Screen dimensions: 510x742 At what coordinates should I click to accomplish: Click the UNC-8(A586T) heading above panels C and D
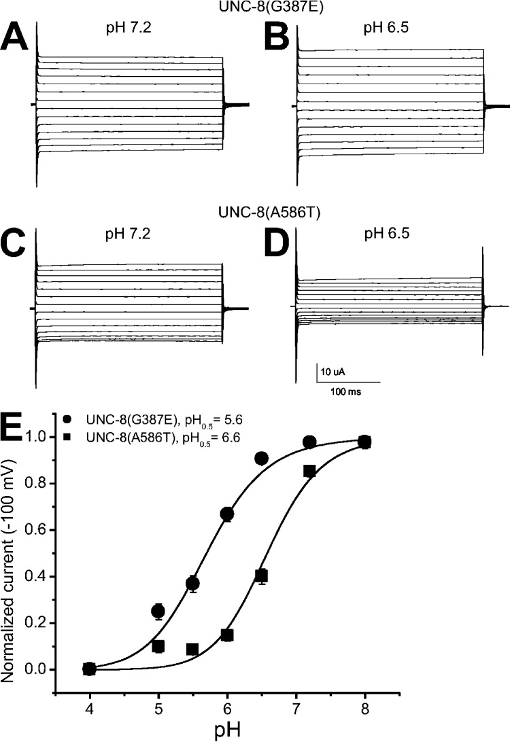coord(270,213)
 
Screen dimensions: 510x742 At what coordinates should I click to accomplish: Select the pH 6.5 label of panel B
coord(386,28)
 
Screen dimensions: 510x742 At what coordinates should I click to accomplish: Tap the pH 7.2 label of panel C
coord(128,234)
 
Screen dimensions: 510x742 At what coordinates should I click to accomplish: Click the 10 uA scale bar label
coord(333,372)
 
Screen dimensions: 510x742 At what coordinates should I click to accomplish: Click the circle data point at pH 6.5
coord(261,458)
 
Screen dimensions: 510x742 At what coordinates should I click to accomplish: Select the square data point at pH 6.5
coord(261,576)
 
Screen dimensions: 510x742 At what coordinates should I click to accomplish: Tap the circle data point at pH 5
coord(158,612)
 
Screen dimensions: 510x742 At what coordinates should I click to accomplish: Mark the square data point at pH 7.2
coord(309,471)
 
